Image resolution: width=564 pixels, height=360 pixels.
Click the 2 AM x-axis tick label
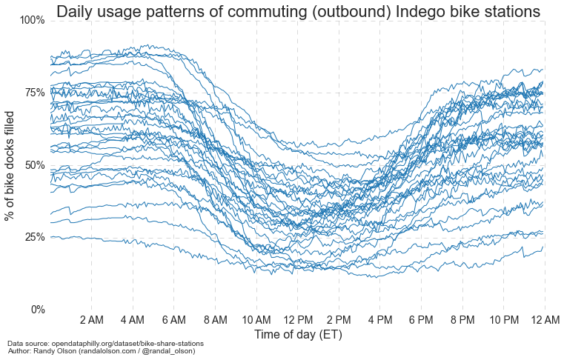click(x=91, y=320)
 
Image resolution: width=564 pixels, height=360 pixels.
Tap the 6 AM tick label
click(x=173, y=320)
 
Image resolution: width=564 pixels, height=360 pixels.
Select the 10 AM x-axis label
click(x=256, y=320)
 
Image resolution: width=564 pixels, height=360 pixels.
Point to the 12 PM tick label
click(x=297, y=320)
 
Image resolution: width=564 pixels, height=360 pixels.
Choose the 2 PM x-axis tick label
click(x=339, y=320)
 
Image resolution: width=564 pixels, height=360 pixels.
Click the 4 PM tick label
click(x=380, y=320)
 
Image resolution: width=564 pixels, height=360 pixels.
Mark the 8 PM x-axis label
click(x=462, y=320)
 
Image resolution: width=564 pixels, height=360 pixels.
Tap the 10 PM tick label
click(x=504, y=320)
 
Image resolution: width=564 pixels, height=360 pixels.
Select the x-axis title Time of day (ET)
click(x=298, y=335)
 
